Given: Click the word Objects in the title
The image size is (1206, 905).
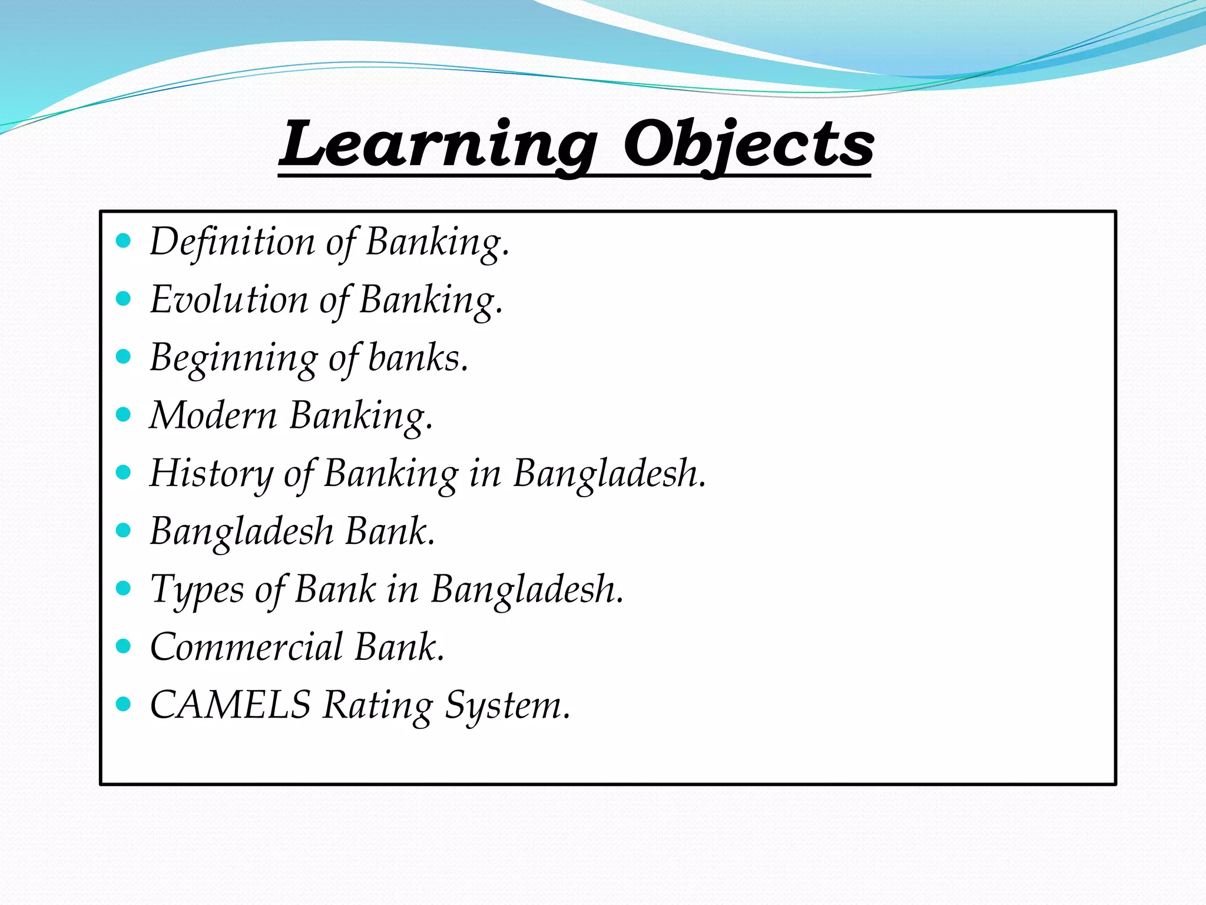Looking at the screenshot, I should click(748, 145).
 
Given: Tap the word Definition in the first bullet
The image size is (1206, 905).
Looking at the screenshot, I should click(233, 242).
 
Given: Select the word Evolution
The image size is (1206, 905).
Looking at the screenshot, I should click(229, 299).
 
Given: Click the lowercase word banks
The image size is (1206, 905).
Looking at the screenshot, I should click(418, 357).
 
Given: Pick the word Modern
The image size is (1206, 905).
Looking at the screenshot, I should click(213, 415).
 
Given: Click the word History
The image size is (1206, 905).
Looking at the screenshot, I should click(212, 473).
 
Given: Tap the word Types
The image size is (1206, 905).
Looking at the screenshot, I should click(197, 589).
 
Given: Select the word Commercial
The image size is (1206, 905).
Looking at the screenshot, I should click(247, 647).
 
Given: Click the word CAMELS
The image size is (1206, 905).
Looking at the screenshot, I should click(230, 705).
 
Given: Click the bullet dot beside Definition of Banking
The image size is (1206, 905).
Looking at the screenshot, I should click(124, 241).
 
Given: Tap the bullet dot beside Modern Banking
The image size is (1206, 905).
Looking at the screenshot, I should click(124, 415).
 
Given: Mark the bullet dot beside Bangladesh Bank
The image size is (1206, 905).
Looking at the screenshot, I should click(124, 531).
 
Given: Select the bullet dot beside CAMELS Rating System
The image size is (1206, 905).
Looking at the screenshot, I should click(124, 704).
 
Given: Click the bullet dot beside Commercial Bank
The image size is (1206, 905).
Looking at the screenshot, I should click(124, 646).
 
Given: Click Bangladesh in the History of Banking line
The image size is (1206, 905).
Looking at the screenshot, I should click(609, 473).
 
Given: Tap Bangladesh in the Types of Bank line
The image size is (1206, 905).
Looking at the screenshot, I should click(526, 589).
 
